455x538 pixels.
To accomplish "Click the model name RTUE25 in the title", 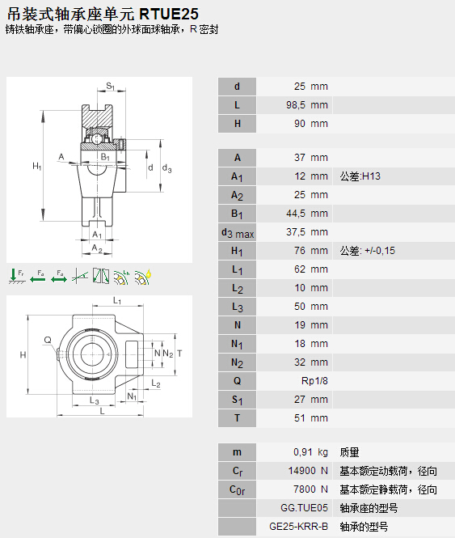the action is tap(169, 14).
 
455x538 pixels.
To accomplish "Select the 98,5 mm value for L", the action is tap(307, 105).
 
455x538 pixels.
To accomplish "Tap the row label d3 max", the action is tap(238, 233).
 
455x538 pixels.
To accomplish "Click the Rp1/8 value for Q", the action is tap(314, 381).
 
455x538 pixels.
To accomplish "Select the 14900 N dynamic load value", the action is tap(308, 471).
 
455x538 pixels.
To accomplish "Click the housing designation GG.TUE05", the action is tap(304, 508).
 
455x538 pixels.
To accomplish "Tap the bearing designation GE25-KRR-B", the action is tap(299, 527).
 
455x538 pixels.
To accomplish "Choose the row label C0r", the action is tap(238, 490).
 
